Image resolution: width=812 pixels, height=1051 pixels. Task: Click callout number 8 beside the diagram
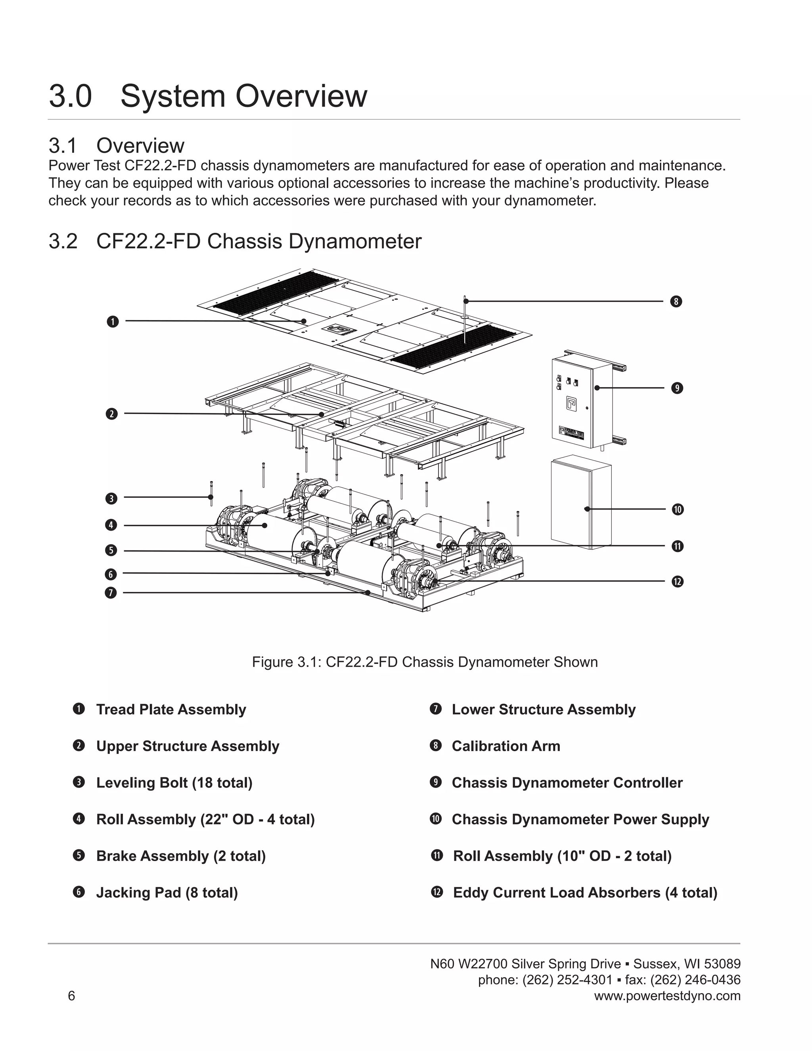(x=676, y=302)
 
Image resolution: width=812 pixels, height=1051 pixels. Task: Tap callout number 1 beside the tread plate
(x=113, y=322)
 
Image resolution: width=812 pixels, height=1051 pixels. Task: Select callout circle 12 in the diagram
(x=677, y=581)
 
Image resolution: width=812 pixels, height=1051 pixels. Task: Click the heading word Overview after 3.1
(x=140, y=146)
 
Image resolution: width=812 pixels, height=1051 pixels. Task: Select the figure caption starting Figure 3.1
(x=425, y=662)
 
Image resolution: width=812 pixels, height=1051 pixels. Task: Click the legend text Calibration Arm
(x=506, y=746)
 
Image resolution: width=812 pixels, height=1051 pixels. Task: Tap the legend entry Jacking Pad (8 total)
(x=167, y=893)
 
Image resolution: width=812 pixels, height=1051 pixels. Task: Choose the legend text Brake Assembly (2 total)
(x=181, y=856)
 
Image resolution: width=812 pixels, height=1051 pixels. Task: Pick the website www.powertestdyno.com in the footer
(x=667, y=995)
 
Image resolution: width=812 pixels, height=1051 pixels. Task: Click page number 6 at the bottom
(x=71, y=995)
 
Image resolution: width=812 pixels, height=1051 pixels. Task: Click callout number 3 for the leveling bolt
(x=111, y=498)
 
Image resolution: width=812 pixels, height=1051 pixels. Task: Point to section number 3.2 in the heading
(x=63, y=241)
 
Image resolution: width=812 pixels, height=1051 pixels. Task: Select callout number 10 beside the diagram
(x=677, y=509)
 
